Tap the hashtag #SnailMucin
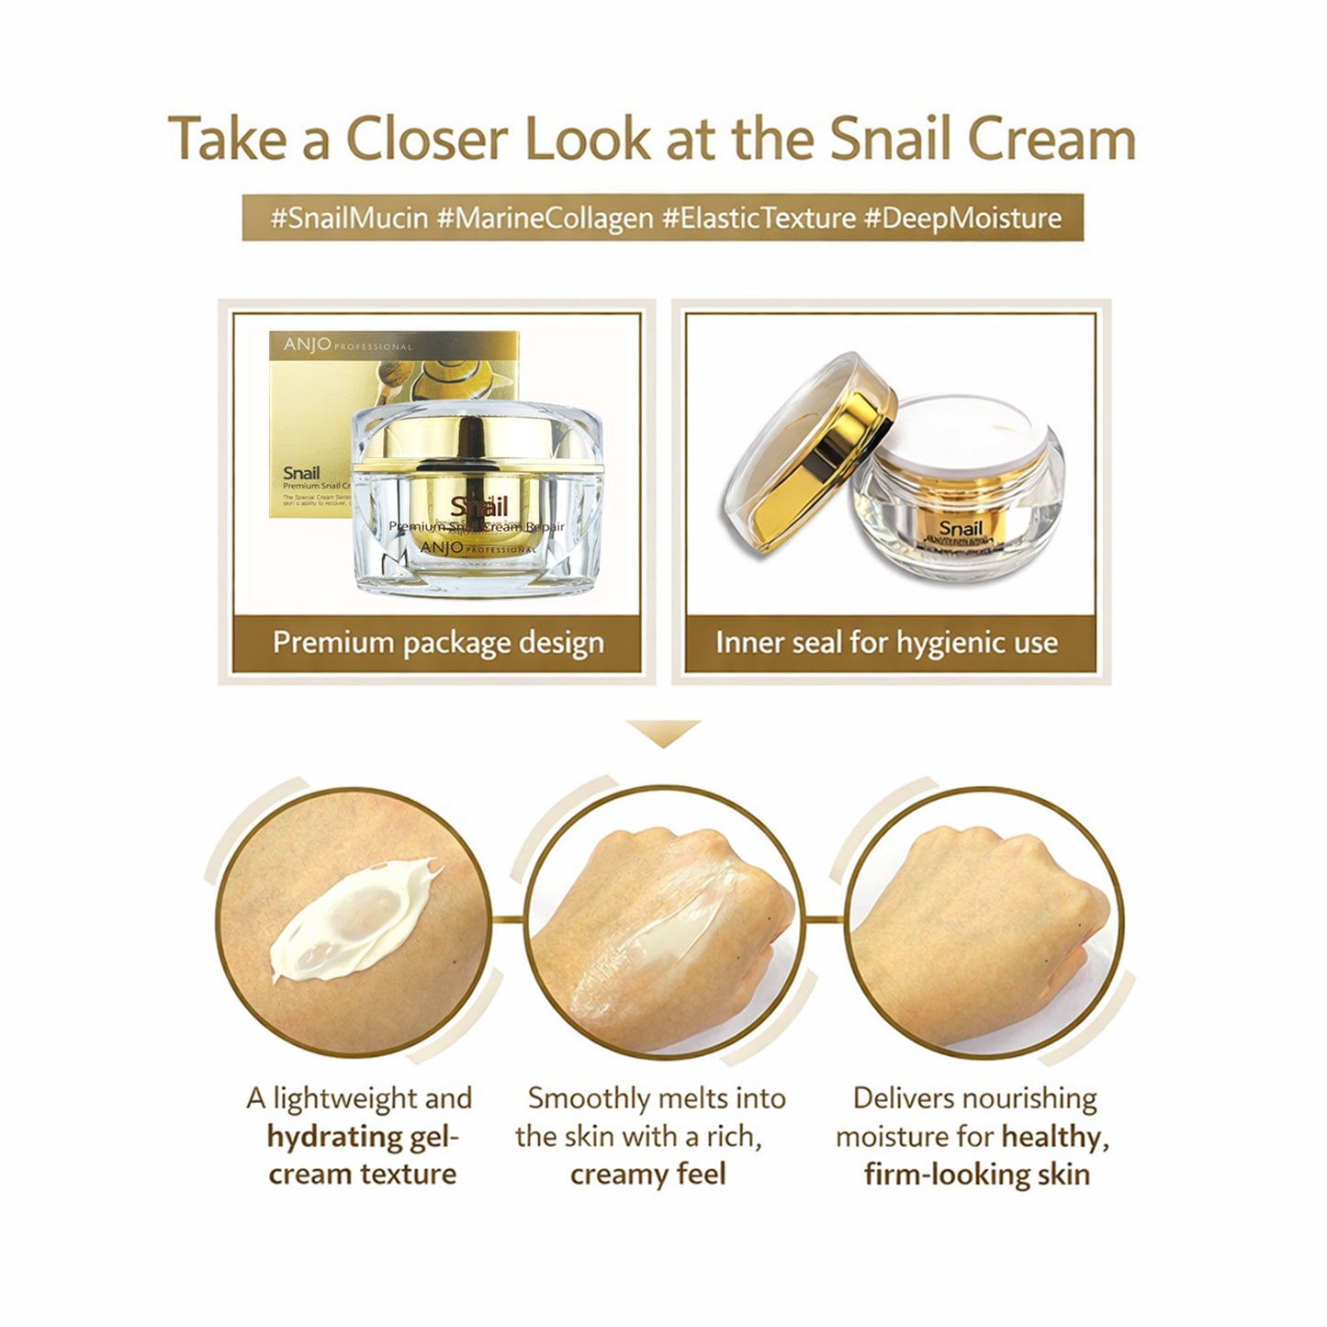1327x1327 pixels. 349,219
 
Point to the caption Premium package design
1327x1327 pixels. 438,643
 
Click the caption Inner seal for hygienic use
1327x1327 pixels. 886,643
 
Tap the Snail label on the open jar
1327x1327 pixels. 961,528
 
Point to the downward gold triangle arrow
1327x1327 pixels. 663,733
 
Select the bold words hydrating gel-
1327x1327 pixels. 362,1137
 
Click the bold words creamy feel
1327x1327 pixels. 647,1175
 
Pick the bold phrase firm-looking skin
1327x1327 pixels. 976,1175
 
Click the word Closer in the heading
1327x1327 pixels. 426,140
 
